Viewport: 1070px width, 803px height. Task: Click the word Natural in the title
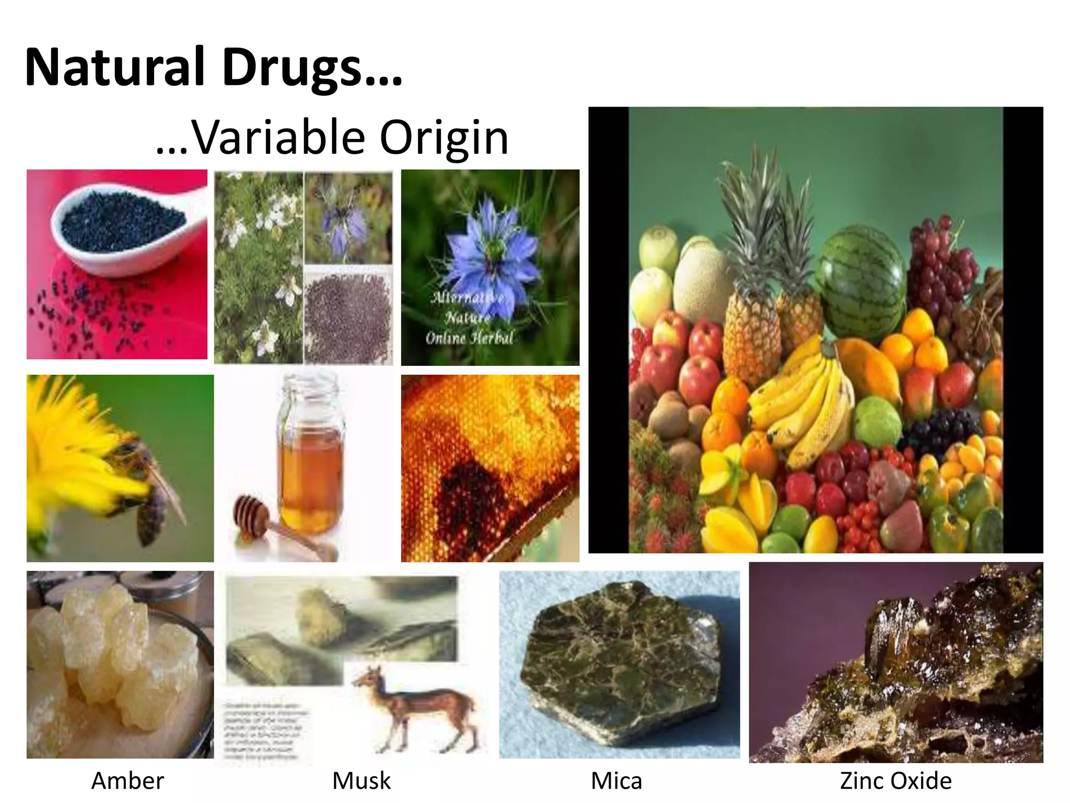114,67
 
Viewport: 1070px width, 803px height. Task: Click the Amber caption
127,781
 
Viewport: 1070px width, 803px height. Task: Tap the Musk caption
362,781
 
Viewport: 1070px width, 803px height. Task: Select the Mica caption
617,781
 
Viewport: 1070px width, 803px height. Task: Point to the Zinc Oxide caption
895,781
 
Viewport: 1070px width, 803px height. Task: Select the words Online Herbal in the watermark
469,338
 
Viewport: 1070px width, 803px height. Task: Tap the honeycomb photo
490,468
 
